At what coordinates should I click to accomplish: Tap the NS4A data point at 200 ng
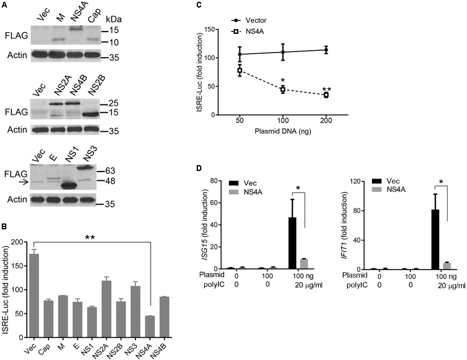[326, 95]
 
